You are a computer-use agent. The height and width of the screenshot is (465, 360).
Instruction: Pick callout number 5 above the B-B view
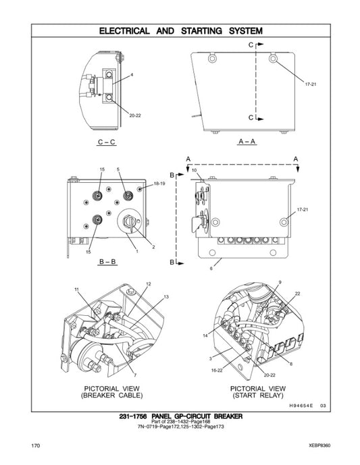coord(118,168)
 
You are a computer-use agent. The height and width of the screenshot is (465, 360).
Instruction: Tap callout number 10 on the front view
coord(194,171)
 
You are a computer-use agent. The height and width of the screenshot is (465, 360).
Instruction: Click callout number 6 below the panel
coord(211,268)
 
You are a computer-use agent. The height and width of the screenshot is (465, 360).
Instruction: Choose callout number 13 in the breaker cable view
coord(165,297)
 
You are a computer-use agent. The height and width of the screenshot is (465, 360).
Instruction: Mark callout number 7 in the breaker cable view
coord(135,375)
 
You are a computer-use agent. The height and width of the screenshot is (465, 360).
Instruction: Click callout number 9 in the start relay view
coord(280,281)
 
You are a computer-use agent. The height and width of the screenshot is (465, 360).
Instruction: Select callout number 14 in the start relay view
coord(205,335)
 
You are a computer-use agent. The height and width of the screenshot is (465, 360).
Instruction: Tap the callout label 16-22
coord(218,370)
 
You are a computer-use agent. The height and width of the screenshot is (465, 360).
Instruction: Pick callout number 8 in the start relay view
coord(291,364)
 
